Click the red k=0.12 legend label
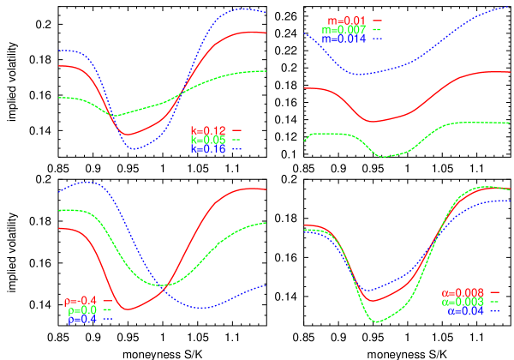(208, 130)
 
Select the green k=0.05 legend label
(208, 140)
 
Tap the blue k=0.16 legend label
(208, 149)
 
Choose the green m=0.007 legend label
(343, 29)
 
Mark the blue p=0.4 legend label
(81, 320)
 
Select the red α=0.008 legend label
(463, 293)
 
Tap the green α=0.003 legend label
(463, 303)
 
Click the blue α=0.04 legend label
(466, 312)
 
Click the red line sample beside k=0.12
(237, 130)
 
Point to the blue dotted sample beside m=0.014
(377, 39)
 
